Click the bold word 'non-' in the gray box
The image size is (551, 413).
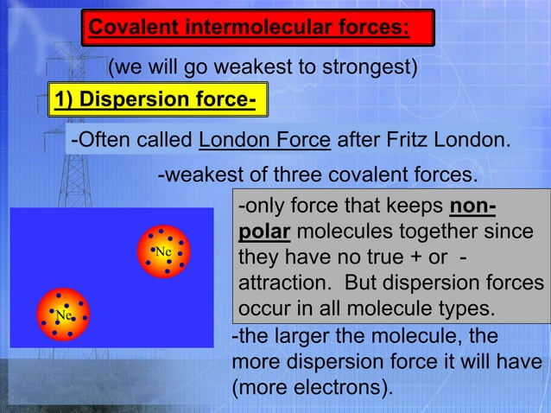(473, 208)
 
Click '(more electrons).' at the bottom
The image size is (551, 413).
(312, 386)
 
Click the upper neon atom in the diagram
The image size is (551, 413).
(162, 251)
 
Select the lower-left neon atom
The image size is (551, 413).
(62, 315)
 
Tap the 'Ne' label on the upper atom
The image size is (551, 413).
(163, 251)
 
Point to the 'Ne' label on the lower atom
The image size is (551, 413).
(62, 315)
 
